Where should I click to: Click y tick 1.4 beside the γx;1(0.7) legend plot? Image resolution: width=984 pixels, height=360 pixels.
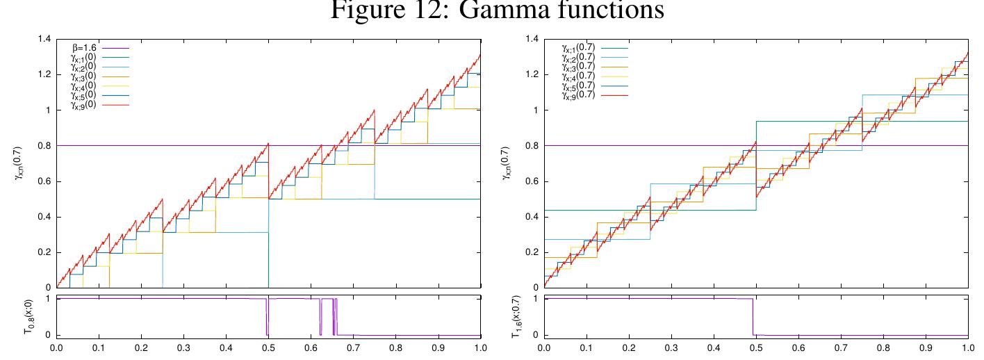point(531,39)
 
